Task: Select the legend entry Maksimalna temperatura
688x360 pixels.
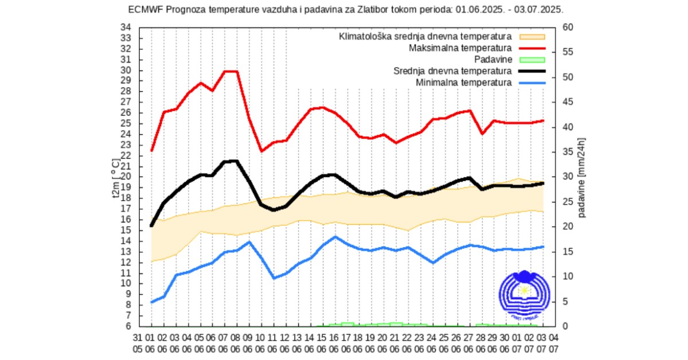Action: click(x=460, y=48)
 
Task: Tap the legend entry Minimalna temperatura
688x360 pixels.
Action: click(x=463, y=83)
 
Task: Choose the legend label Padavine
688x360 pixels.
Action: click(x=492, y=59)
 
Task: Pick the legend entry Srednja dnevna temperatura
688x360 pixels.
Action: click(x=452, y=71)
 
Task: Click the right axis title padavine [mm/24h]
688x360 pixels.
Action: click(x=582, y=178)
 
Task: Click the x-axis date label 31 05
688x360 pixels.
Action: click(x=138, y=342)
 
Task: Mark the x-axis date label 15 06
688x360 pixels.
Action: click(x=321, y=342)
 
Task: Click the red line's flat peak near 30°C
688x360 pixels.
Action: click(x=230, y=72)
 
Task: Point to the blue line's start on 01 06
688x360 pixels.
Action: click(x=151, y=302)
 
